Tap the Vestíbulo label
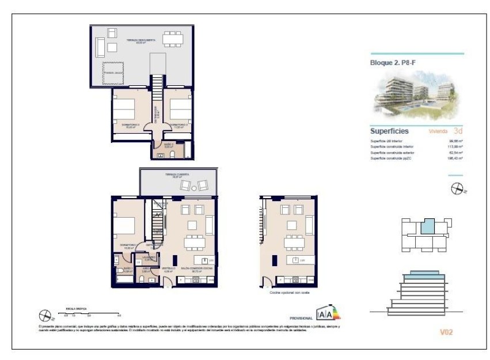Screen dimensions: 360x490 [168, 269]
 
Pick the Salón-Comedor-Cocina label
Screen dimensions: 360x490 [194, 269]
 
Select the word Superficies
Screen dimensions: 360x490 [389, 131]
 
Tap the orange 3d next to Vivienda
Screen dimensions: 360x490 [458, 131]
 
